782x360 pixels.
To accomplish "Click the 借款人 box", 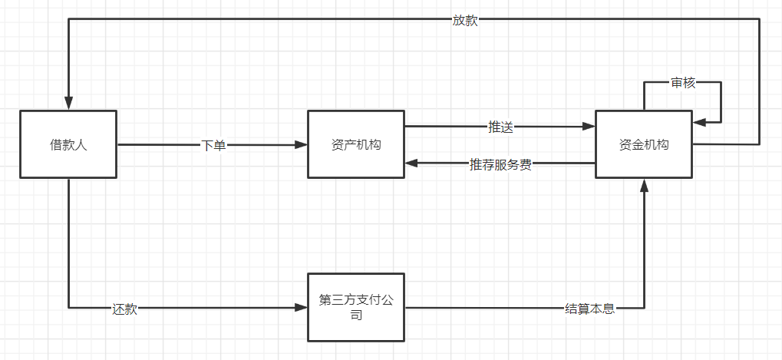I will [x=68, y=144].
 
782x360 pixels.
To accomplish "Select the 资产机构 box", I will [x=356, y=144].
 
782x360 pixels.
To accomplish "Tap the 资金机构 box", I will [x=644, y=144].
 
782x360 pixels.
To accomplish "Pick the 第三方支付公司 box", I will [x=356, y=307].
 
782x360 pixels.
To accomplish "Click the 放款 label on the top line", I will [x=464, y=21].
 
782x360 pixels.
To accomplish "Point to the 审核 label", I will [x=682, y=82].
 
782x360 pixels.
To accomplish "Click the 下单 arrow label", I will [x=213, y=145].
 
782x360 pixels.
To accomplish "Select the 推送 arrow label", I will [x=500, y=127].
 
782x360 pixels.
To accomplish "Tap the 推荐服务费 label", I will [x=500, y=163].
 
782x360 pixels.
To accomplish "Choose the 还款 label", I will [x=124, y=309].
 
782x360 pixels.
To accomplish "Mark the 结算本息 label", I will [x=589, y=309].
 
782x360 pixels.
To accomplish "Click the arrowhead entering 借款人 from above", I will [x=68, y=104].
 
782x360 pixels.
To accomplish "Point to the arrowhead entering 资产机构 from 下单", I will [x=301, y=145].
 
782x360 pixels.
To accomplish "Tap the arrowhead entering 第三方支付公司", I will [x=301, y=309].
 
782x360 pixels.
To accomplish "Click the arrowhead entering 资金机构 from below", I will [x=644, y=186].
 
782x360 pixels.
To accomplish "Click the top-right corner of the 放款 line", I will [x=759, y=20].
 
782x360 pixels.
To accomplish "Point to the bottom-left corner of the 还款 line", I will [x=68, y=309].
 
